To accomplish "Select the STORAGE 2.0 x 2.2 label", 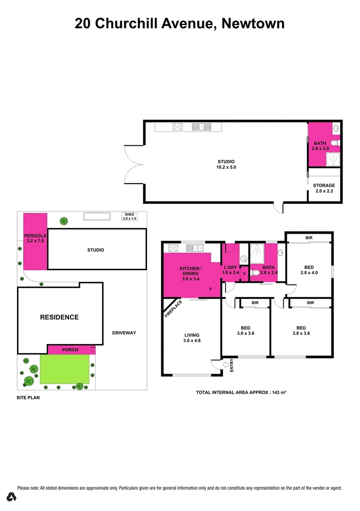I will (324, 188).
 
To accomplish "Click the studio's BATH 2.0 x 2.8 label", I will (320, 146).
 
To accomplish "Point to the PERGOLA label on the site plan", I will (34, 238).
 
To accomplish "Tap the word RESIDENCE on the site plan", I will (59, 317).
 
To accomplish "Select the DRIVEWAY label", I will (124, 333).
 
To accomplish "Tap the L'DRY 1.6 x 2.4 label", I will (231, 270).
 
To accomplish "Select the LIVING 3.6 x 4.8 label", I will (192, 338).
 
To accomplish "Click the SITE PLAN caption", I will (28, 398).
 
